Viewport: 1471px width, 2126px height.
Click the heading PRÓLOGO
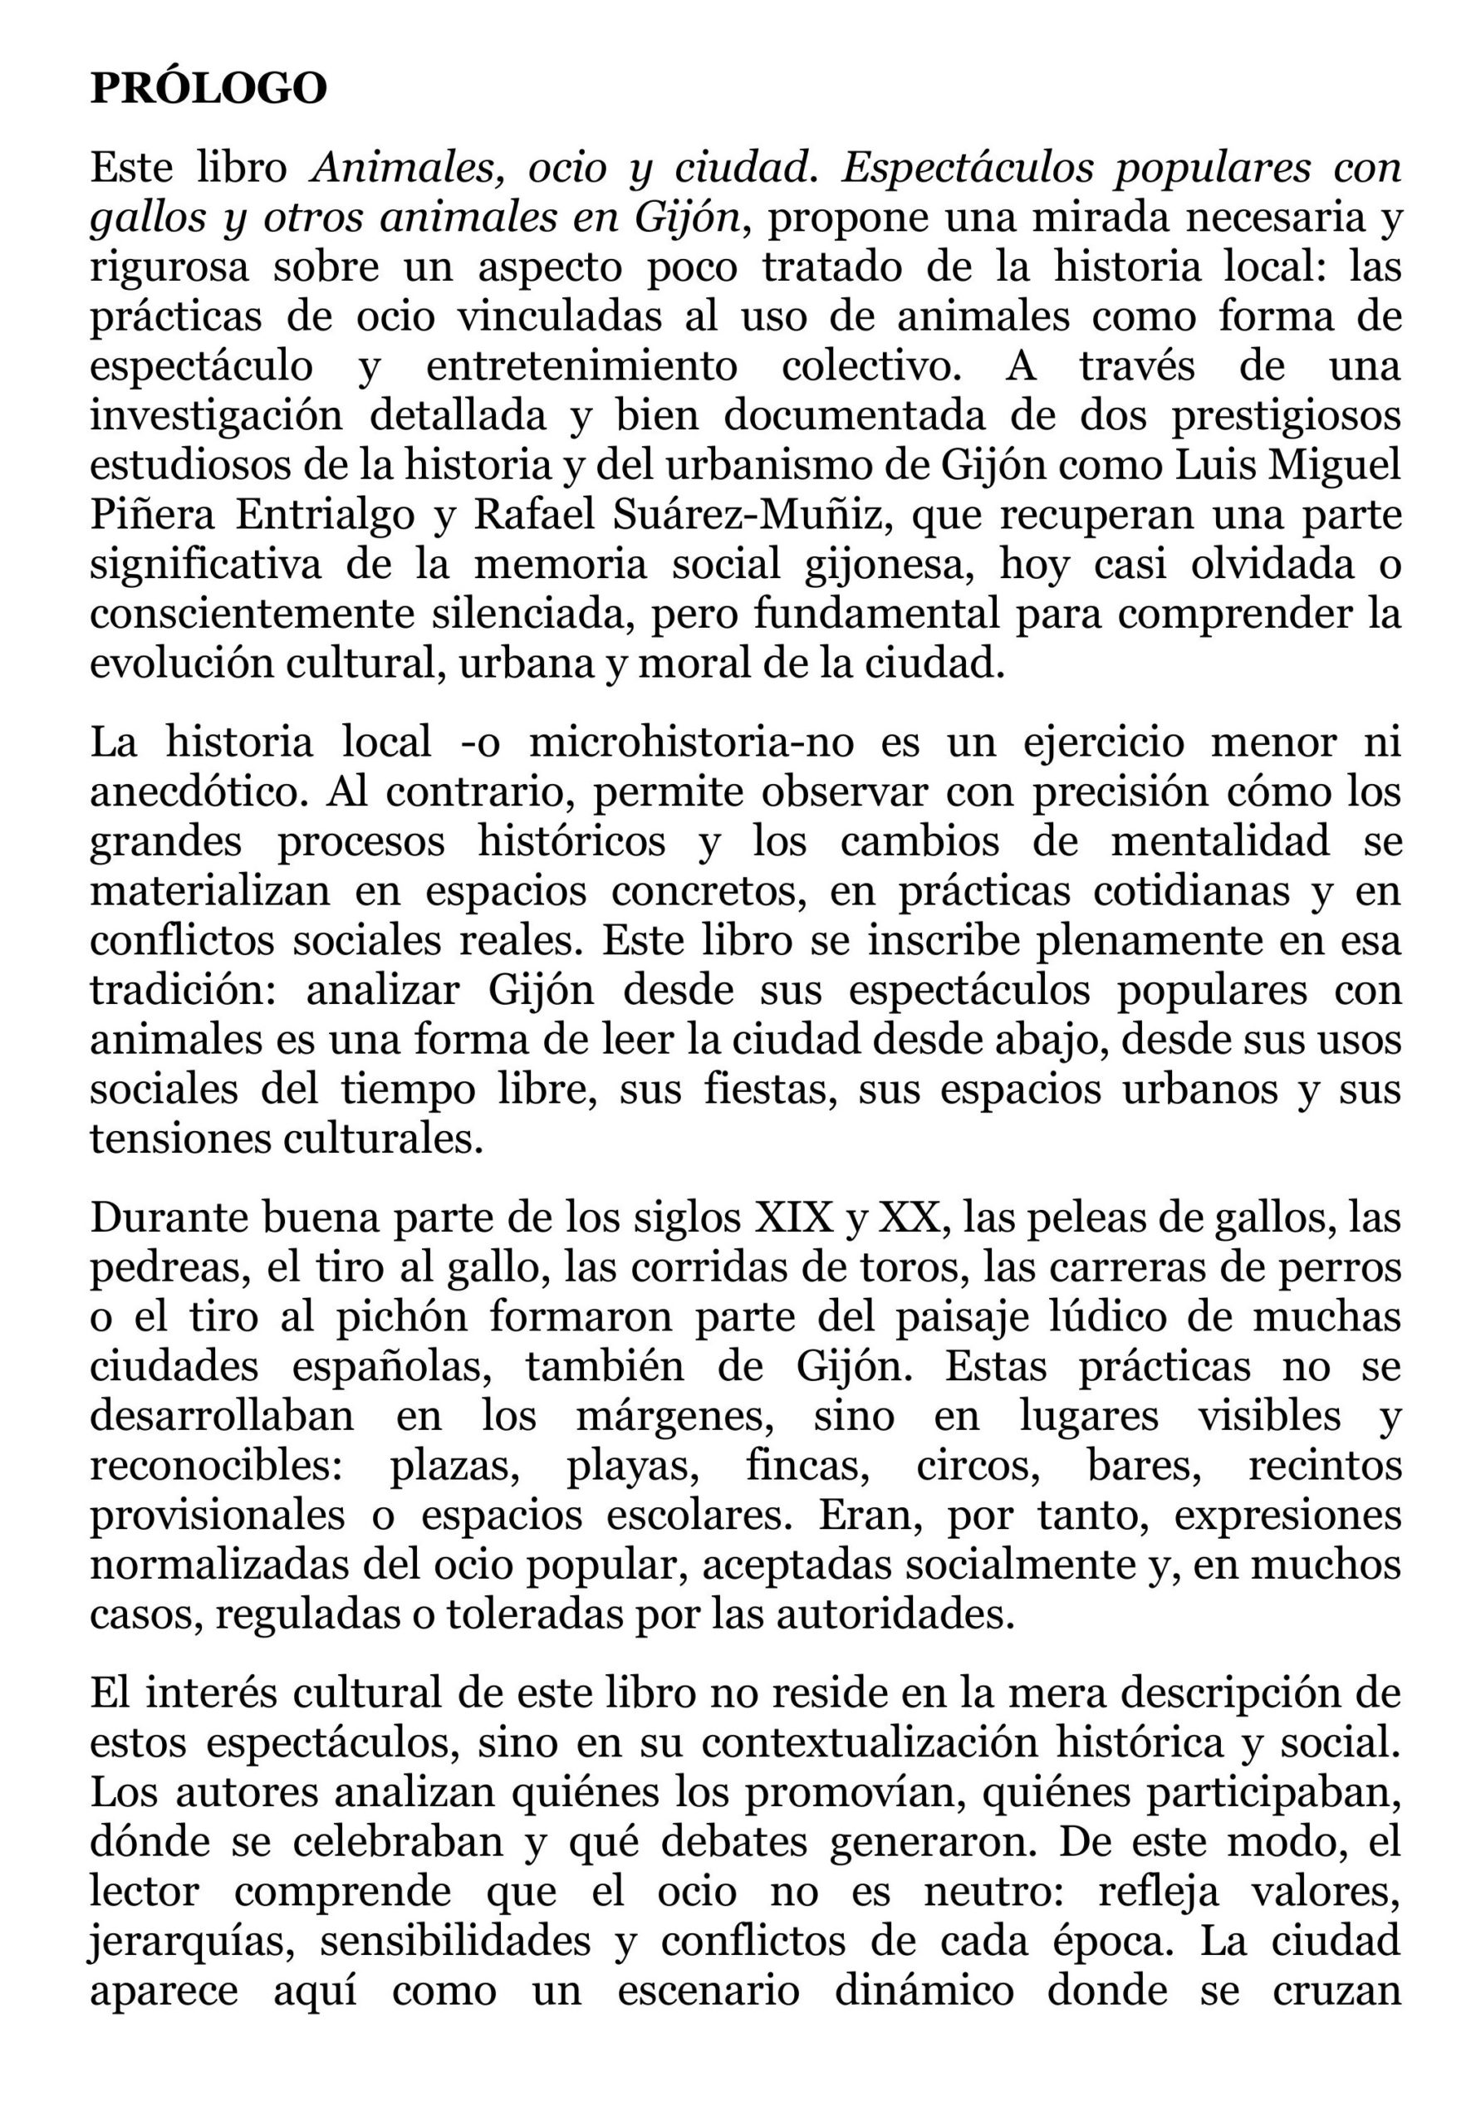point(208,89)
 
